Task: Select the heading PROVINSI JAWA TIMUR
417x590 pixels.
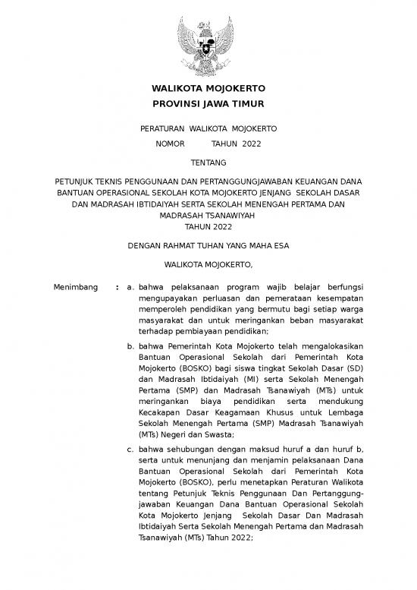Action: click(x=208, y=104)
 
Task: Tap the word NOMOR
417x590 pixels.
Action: click(x=170, y=144)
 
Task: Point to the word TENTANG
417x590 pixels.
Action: click(x=208, y=162)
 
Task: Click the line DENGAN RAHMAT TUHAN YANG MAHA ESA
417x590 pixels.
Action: click(x=208, y=245)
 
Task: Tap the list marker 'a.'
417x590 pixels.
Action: click(x=131, y=288)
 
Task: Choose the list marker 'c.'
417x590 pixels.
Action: click(x=131, y=449)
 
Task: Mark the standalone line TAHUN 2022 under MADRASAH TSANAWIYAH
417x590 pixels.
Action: click(x=208, y=226)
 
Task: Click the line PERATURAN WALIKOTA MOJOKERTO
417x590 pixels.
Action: click(x=208, y=128)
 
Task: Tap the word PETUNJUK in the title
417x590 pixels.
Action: click(x=74, y=182)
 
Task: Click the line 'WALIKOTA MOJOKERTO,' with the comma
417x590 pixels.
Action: click(x=208, y=265)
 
